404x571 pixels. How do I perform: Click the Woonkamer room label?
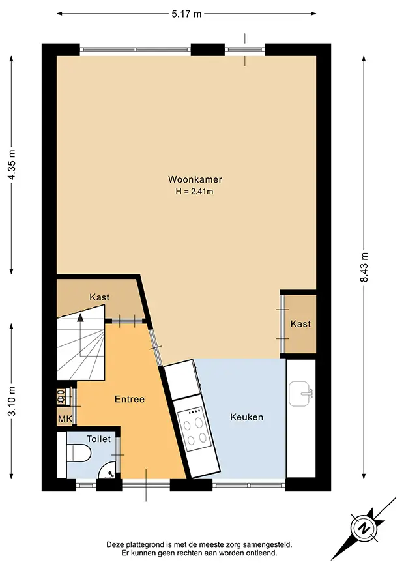click(195, 179)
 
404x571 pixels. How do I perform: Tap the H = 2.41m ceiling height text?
click(194, 191)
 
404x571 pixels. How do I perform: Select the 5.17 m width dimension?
click(186, 14)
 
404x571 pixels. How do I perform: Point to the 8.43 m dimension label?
click(364, 267)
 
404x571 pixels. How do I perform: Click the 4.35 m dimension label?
click(12, 165)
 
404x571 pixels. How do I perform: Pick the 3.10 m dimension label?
click(12, 401)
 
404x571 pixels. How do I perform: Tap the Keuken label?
click(246, 417)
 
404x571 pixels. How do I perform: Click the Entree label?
click(130, 399)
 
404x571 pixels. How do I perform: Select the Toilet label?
click(98, 439)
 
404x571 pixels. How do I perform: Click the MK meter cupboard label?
click(65, 419)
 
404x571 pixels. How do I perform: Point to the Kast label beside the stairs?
click(99, 297)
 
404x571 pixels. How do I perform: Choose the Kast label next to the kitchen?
click(300, 324)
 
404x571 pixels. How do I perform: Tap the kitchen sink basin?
click(300, 394)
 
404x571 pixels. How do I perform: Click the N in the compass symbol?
click(362, 529)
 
